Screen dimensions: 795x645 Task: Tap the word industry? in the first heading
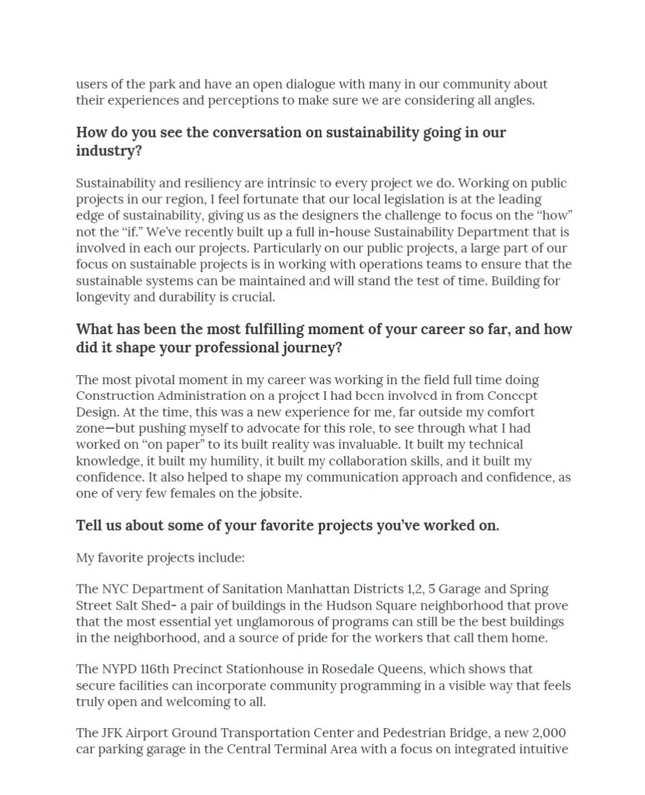109,151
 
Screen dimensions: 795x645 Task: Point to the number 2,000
549,733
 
